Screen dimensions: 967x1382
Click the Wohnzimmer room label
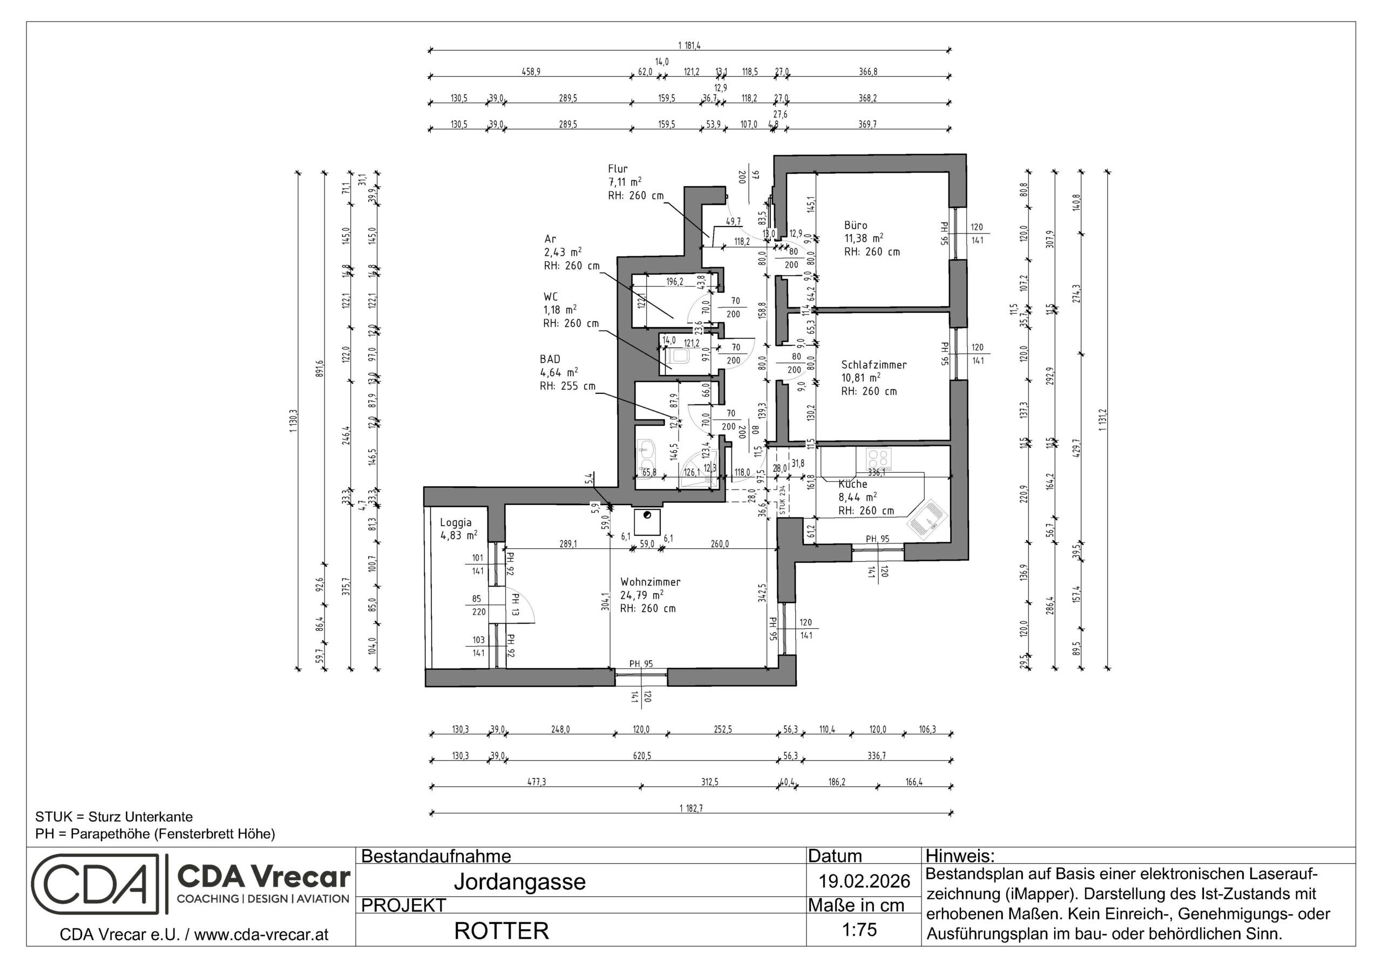(650, 582)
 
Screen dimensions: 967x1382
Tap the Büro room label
(855, 225)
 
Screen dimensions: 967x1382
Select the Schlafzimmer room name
(873, 365)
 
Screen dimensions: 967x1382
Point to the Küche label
(852, 484)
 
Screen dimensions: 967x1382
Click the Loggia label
(456, 522)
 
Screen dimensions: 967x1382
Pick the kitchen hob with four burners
(878, 459)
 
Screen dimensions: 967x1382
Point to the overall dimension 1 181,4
(689, 45)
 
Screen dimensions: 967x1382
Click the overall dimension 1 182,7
(691, 808)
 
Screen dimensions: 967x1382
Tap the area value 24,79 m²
(642, 595)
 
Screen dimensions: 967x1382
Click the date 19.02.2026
(864, 882)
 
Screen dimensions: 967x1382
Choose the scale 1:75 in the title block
(859, 930)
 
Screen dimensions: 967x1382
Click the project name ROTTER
(501, 931)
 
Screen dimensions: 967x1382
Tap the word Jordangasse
(519, 882)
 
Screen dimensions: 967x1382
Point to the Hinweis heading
(960, 856)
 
